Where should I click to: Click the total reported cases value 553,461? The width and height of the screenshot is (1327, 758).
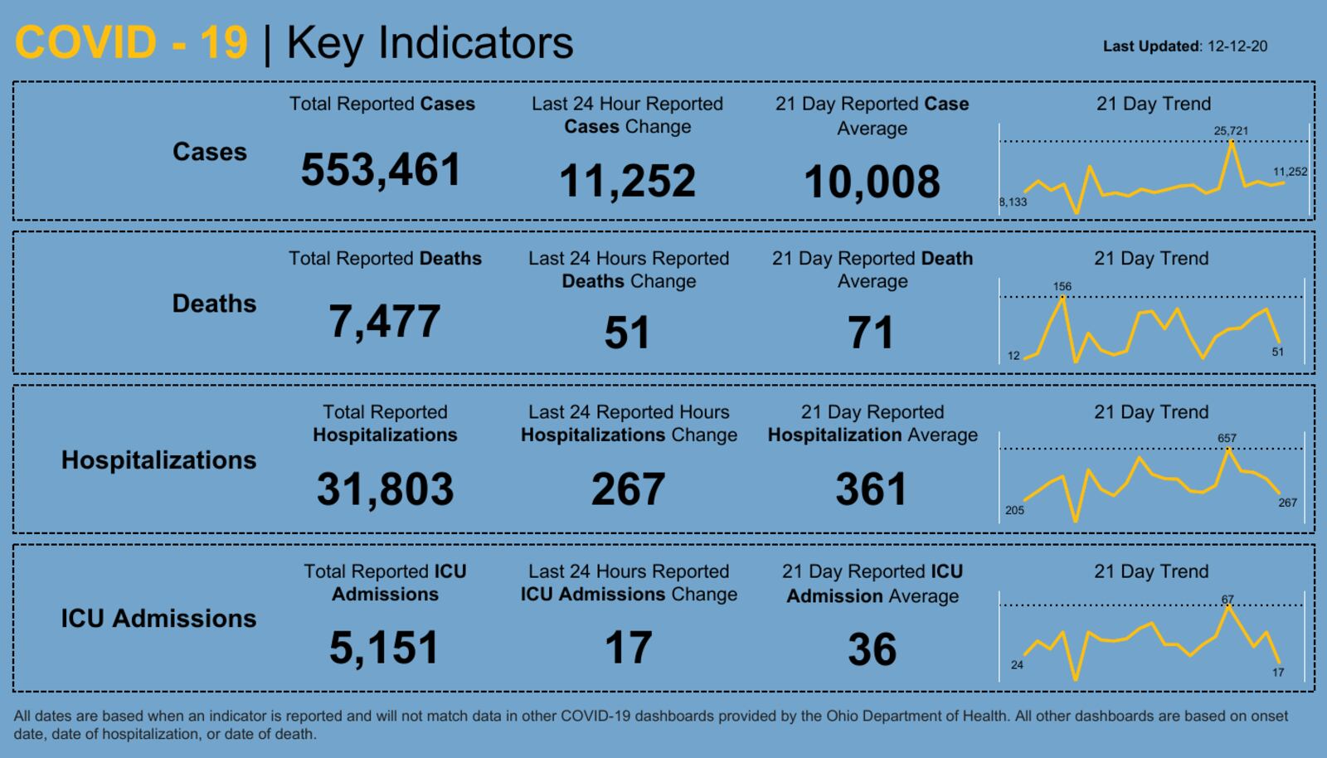381,170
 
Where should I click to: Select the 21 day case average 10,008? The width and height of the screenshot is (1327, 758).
872,182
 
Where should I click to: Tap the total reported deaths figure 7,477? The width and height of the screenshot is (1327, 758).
385,322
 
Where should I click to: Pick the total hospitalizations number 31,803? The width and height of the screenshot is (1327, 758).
385,489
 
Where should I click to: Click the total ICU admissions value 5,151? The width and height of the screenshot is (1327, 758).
384,648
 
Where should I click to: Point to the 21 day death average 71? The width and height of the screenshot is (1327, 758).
871,333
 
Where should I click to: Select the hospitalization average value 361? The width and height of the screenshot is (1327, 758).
872,489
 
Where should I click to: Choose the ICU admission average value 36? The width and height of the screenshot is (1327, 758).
872,649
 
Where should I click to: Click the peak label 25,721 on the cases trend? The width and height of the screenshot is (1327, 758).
1231,131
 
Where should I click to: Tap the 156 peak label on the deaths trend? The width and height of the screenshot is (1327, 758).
1062,286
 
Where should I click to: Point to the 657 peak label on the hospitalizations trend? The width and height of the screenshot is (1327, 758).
1227,438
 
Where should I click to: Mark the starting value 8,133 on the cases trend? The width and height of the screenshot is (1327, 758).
1013,202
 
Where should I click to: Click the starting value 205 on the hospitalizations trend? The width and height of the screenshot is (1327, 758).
1014,510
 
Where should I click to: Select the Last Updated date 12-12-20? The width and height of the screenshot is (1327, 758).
1237,46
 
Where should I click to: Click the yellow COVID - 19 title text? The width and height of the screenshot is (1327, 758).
131,43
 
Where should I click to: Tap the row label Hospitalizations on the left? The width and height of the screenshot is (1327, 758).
158,460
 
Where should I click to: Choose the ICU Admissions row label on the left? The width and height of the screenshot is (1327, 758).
158,619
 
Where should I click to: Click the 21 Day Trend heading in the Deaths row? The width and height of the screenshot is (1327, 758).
1151,259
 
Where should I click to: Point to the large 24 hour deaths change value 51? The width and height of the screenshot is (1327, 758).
627,333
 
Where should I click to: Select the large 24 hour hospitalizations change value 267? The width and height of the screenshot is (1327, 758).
628,489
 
